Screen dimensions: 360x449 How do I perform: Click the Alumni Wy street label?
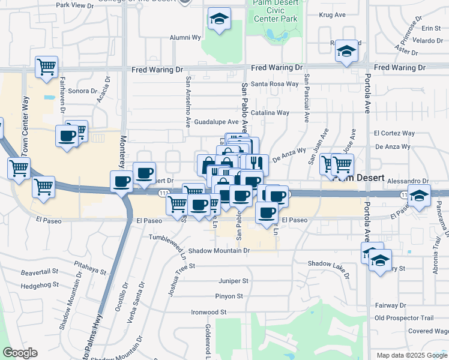[185, 37]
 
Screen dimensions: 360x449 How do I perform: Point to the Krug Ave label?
[333, 14]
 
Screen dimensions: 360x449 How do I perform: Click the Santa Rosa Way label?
[274, 84]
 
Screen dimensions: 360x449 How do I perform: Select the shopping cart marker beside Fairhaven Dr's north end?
[46, 68]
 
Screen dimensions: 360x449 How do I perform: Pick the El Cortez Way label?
[394, 133]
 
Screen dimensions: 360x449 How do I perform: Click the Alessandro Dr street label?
[408, 181]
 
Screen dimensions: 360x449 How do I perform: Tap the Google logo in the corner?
[20, 353]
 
